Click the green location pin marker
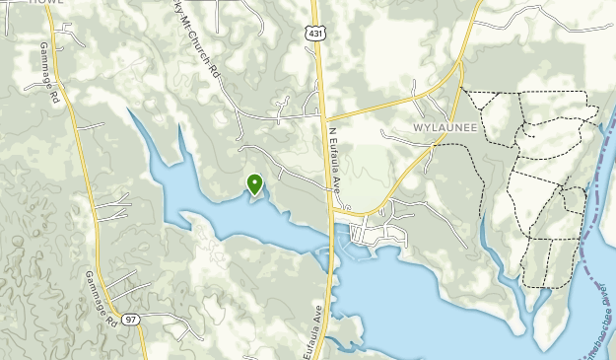pyautogui.click(x=254, y=183)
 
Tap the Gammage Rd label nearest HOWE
pyautogui.click(x=50, y=72)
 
